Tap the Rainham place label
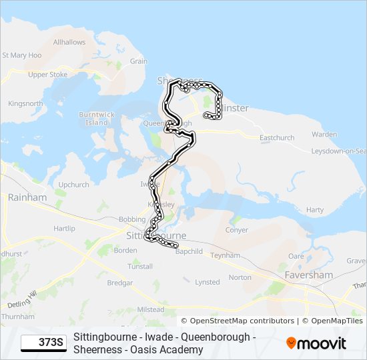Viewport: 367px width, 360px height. click(x=27, y=197)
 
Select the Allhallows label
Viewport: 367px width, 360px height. click(x=69, y=42)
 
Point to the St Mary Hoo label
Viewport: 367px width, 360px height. click(x=22, y=55)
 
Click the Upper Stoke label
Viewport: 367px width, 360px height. click(x=47, y=75)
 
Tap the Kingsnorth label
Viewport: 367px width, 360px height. click(x=25, y=103)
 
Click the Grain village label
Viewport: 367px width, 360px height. click(x=139, y=61)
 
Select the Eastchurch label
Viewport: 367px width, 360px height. click(x=276, y=138)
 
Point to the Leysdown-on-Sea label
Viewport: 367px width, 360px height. click(x=338, y=151)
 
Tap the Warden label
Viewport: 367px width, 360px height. click(x=324, y=134)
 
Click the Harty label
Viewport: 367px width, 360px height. click(x=314, y=210)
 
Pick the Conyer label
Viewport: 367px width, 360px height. click(x=237, y=230)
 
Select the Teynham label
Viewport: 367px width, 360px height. click(x=225, y=255)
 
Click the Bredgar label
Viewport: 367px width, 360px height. click(x=120, y=283)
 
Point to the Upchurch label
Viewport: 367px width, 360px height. click(x=73, y=185)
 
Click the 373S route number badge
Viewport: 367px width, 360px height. click(x=44, y=343)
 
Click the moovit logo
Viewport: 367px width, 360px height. click(x=316, y=343)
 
